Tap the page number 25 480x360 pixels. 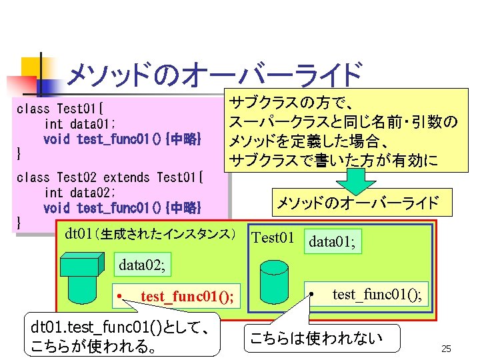pyautogui.click(x=447, y=349)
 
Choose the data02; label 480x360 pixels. pyautogui.click(x=142, y=265)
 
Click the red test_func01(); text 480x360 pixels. pyautogui.click(x=187, y=296)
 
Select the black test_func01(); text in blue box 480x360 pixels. pyautogui.click(x=377, y=294)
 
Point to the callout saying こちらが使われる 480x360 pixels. pyautogui.click(x=121, y=337)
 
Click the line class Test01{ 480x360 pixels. pyautogui.click(x=64, y=107)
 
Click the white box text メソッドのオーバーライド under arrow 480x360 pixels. pyautogui.click(x=358, y=202)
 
